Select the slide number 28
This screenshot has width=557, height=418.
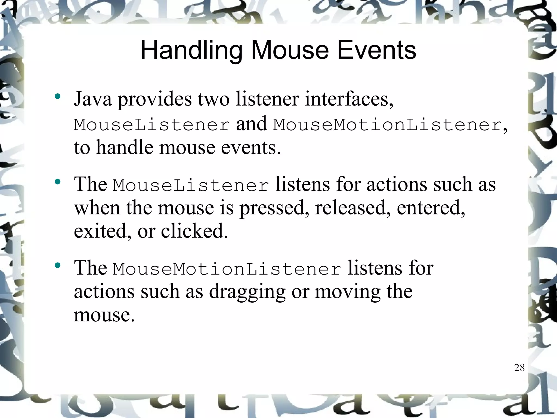(519, 368)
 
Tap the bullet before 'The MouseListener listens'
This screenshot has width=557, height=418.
(57, 182)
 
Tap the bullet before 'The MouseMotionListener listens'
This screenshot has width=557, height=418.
(57, 265)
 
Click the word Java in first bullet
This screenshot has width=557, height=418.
(93, 99)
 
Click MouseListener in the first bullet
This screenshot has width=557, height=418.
(152, 125)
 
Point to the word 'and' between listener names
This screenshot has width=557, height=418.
(252, 124)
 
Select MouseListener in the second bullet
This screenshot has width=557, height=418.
(191, 186)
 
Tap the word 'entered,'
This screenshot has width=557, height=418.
(431, 208)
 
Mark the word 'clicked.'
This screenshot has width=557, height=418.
(194, 231)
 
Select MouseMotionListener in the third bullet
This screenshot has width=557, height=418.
(227, 269)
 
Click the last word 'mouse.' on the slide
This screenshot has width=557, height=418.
(104, 315)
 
